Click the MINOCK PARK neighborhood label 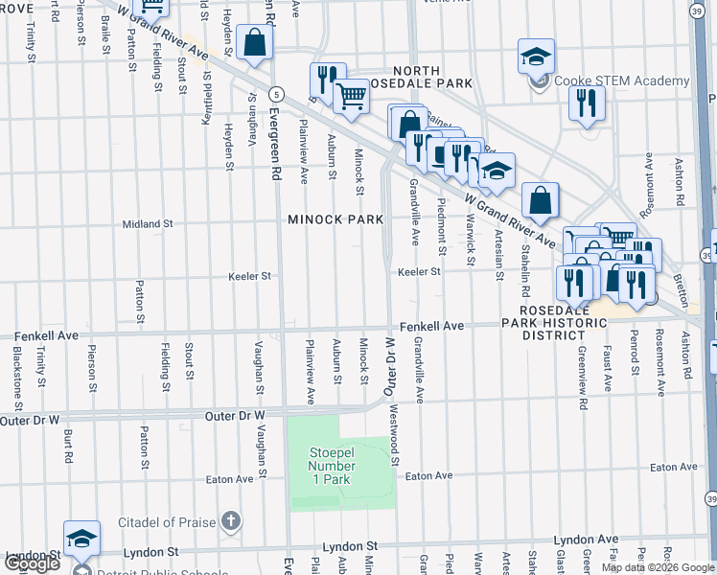(335, 219)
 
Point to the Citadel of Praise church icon (229, 520)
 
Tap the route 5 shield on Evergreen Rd (276, 93)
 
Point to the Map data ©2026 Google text (658, 567)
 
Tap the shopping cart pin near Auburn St (352, 95)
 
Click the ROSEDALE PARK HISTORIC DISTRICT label (563, 323)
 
